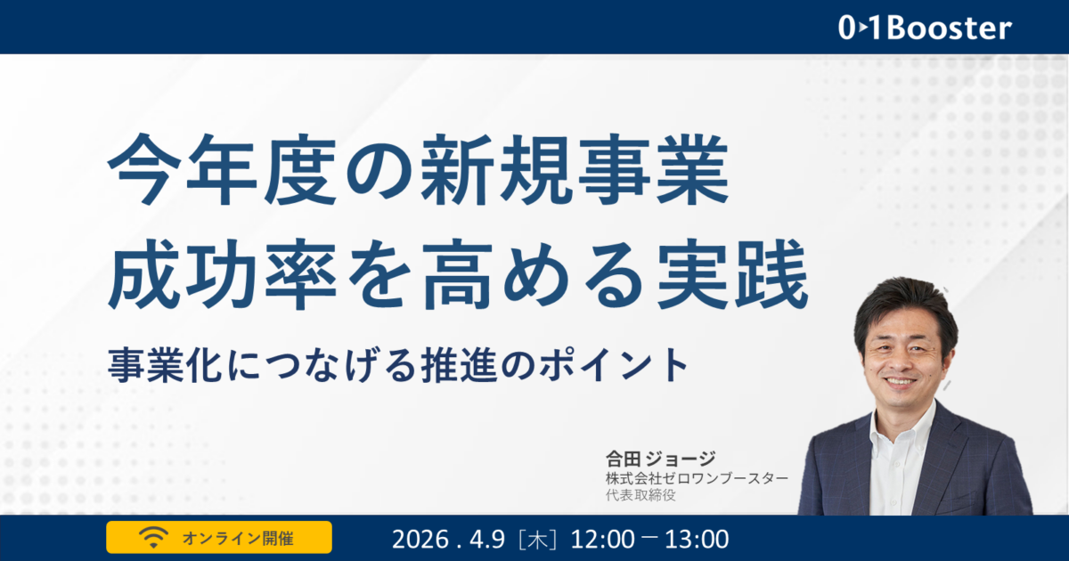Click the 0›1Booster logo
point(925,28)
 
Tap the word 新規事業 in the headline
point(575,169)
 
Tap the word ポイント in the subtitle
point(613,365)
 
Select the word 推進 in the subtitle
point(459,365)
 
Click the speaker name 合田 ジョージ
point(660,459)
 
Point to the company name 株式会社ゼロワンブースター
point(697,478)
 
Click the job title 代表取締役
point(641,495)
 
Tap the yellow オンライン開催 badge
point(219,537)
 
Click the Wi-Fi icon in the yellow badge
point(153,537)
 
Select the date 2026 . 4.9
point(448,539)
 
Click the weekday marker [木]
point(538,539)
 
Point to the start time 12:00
point(602,539)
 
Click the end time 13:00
point(697,539)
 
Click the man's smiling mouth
point(900,382)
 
